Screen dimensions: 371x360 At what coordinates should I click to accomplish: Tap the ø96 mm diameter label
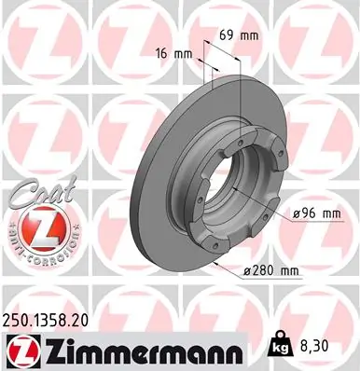tap(315, 213)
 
